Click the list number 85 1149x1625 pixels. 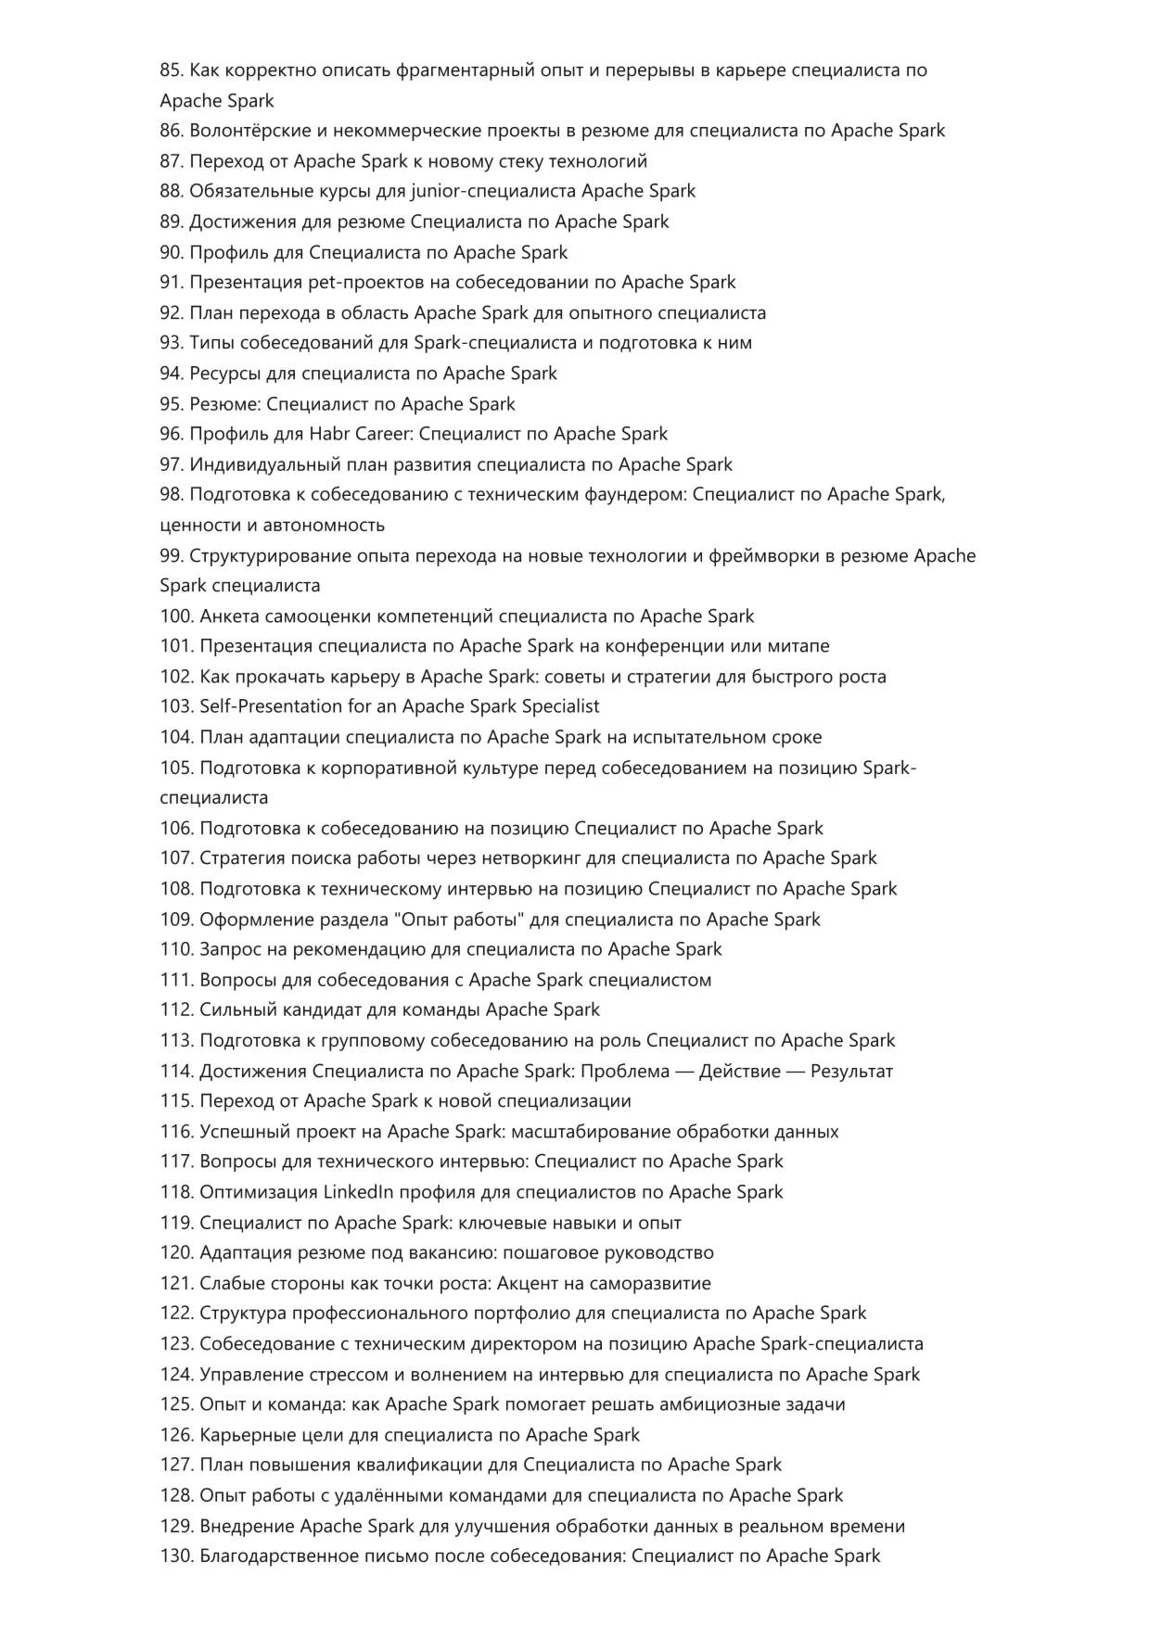[172, 70]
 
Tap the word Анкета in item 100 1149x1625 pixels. [229, 616]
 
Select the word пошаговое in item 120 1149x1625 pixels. [552, 1253]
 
